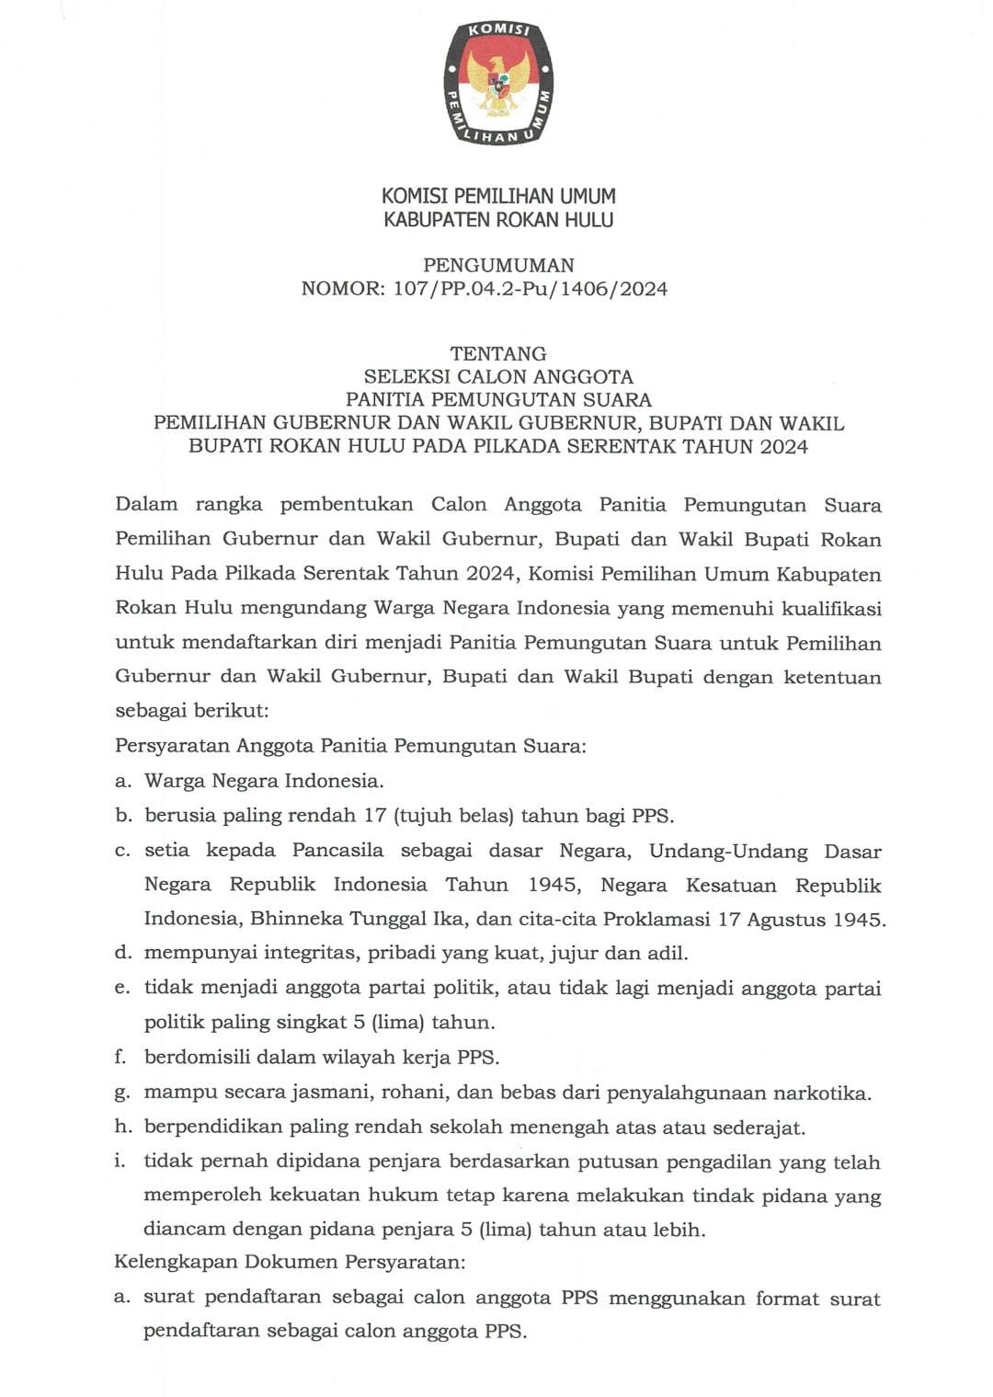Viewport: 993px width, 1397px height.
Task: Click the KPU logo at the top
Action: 498,82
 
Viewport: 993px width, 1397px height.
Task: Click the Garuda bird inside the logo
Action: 498,83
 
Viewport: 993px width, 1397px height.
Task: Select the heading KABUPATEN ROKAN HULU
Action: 498,220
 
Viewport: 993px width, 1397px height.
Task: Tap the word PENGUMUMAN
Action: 498,265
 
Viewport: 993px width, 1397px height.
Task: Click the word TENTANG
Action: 498,353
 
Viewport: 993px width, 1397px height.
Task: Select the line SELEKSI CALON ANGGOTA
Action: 498,376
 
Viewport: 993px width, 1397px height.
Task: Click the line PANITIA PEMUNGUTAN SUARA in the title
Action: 498,400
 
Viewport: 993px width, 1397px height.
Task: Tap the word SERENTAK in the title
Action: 624,447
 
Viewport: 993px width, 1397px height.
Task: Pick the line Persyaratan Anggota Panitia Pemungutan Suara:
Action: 350,746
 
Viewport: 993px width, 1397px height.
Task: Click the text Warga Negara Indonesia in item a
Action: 263,781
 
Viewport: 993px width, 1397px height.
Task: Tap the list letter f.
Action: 120,1057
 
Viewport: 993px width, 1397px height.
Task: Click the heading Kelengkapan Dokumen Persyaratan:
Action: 290,1262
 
